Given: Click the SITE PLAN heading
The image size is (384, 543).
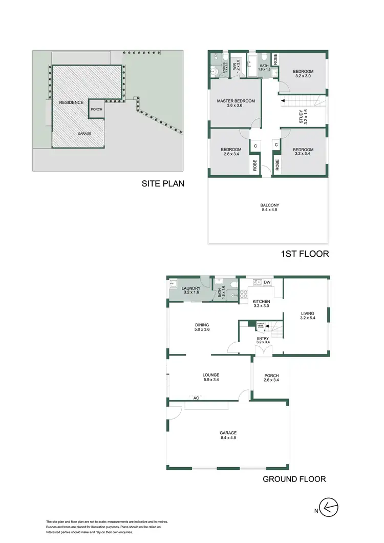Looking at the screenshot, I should pos(163,183).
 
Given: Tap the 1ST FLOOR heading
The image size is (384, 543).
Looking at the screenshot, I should pos(304,253).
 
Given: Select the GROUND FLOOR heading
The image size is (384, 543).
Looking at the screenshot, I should pos(294,479).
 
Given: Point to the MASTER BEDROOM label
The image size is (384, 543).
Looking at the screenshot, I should pos(236,101).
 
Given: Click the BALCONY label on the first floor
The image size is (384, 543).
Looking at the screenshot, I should pos(269,205).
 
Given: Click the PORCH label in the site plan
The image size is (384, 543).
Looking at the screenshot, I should pos(96,109).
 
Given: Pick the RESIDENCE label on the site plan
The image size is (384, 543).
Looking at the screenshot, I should pos(71,102).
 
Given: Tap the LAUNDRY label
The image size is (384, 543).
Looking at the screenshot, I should pos(191,289).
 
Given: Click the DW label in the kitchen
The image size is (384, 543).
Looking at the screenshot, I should pos(267,282).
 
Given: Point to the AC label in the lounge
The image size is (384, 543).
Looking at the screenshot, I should pos(196,398).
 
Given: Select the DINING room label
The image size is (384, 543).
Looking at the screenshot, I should pos(202,325).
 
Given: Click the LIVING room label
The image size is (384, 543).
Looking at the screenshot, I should pos(308,314).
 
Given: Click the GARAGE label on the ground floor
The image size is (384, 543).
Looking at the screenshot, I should pos(228,433).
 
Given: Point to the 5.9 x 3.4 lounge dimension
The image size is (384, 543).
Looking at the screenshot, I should pos(210,381).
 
